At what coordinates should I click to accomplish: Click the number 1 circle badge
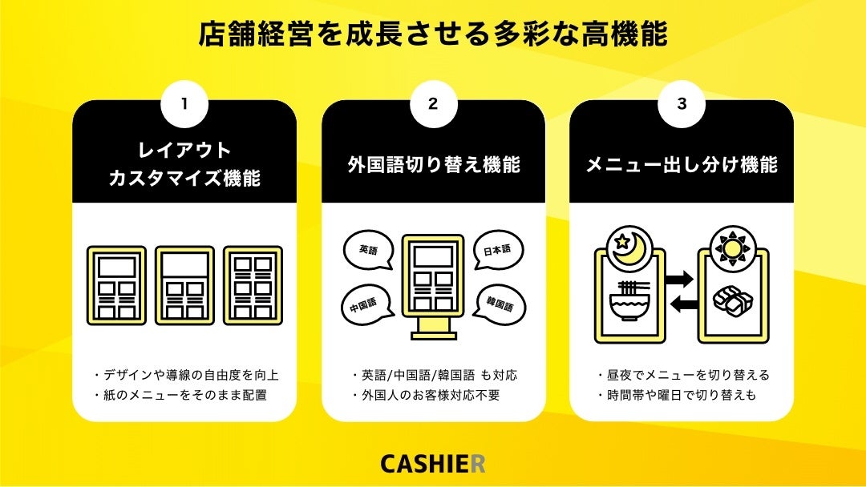tap(184, 104)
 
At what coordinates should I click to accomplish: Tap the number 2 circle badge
tap(433, 104)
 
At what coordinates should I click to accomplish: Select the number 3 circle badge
tap(682, 104)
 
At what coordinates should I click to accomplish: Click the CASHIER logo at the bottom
tap(433, 464)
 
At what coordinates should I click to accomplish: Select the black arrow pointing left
tap(680, 304)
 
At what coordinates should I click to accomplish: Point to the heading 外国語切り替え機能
tap(434, 165)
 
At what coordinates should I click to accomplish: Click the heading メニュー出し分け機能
tap(682, 165)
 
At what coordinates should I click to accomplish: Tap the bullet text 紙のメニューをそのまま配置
tap(185, 395)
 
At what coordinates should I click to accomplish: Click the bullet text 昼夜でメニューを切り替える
tap(682, 375)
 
